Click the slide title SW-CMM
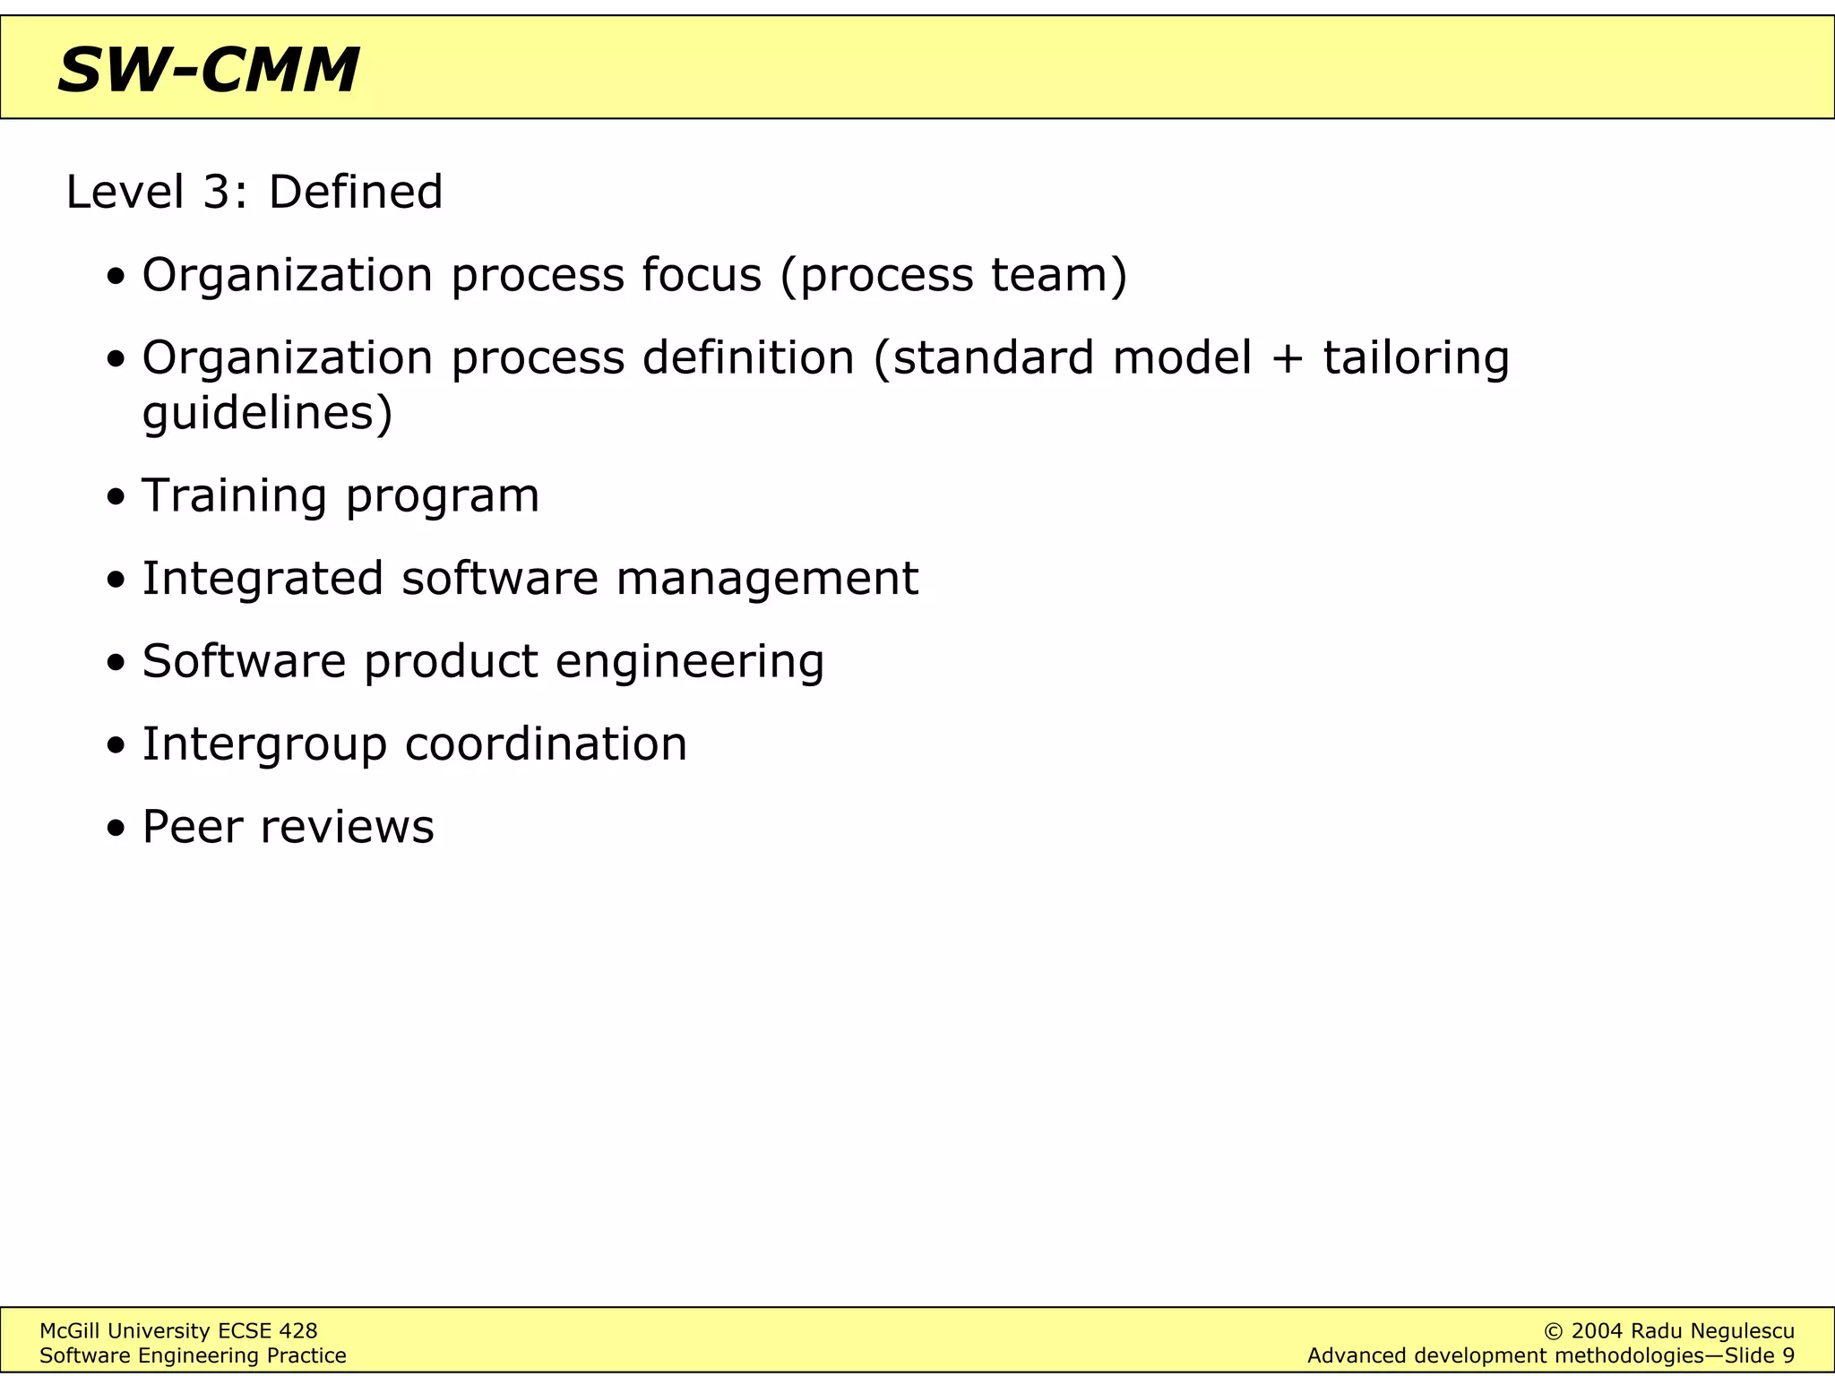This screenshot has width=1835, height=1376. click(x=208, y=70)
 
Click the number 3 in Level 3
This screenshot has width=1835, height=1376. click(x=218, y=192)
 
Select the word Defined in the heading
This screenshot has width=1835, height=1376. click(x=355, y=192)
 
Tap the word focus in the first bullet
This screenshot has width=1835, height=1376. click(x=701, y=274)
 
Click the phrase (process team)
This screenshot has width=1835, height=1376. click(x=953, y=276)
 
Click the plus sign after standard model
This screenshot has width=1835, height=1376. click(x=1287, y=359)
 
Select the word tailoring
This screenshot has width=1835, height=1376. click(x=1416, y=358)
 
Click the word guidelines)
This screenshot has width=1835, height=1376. click(x=267, y=414)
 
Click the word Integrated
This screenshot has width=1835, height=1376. click(x=263, y=579)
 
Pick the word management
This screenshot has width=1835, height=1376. click(x=767, y=579)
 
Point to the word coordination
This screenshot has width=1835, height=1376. click(x=546, y=744)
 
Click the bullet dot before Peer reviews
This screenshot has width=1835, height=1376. click(x=116, y=829)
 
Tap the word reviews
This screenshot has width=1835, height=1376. click(x=347, y=827)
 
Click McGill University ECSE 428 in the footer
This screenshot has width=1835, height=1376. click(x=178, y=1331)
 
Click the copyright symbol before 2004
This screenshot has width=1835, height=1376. click(x=1554, y=1331)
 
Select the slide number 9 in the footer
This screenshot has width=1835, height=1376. click(x=1788, y=1355)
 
